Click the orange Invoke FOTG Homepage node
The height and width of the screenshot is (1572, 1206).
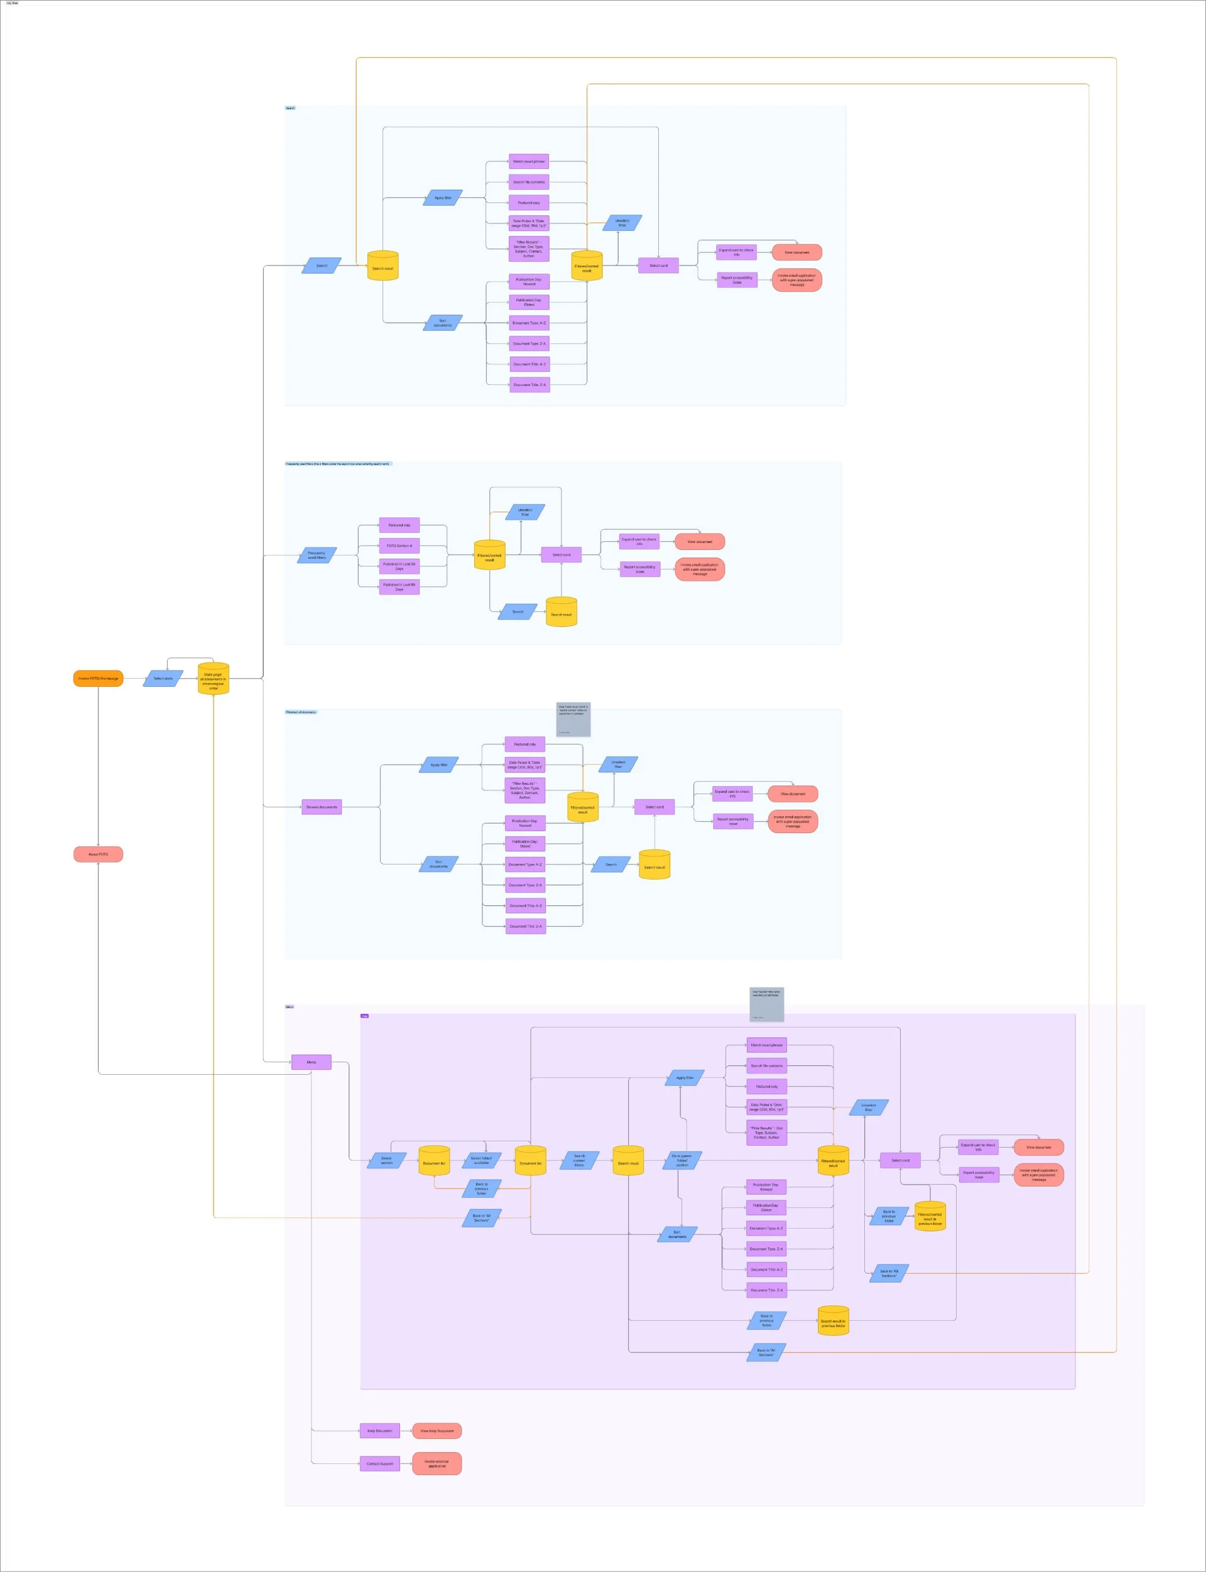(x=99, y=678)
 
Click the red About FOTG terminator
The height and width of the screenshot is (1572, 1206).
(x=99, y=854)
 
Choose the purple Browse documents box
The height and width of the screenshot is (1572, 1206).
(x=322, y=807)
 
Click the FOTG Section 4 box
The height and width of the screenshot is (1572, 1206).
(x=399, y=546)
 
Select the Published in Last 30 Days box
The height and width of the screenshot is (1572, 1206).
(x=399, y=566)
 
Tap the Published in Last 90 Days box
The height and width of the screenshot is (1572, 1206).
(x=399, y=587)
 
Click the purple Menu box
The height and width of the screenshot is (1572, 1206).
(x=312, y=1062)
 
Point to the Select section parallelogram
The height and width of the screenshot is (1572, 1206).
(x=386, y=1160)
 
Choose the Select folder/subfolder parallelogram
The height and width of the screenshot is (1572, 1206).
(x=482, y=1160)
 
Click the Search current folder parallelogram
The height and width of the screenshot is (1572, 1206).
(x=579, y=1160)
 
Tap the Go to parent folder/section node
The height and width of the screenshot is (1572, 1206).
(x=682, y=1160)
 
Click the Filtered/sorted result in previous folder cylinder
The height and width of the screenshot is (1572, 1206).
(x=930, y=1217)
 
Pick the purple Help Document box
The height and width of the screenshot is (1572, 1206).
(x=380, y=1431)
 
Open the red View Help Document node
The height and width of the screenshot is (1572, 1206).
(x=437, y=1431)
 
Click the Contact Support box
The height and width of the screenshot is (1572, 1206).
(x=380, y=1463)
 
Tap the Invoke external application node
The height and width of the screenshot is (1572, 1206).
(x=437, y=1463)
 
